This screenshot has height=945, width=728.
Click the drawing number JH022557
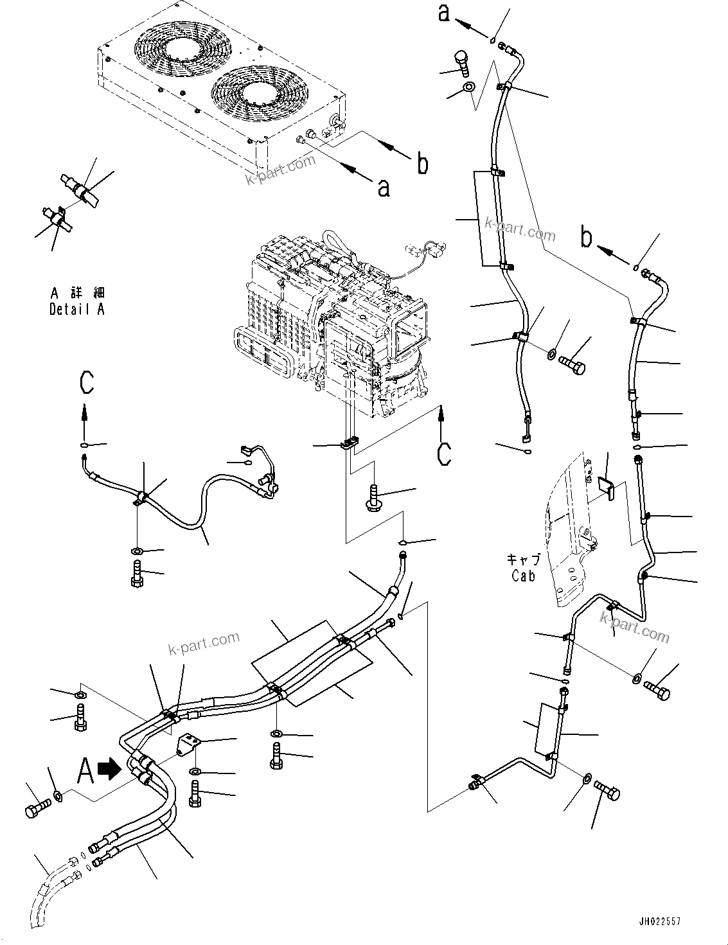(x=659, y=922)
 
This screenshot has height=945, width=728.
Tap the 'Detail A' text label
(x=77, y=309)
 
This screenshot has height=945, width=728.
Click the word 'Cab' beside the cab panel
(x=523, y=576)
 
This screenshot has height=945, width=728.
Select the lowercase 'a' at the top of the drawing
(x=444, y=12)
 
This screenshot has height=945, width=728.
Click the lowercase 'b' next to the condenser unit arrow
(x=422, y=164)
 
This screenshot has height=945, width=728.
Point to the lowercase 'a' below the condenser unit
(x=383, y=188)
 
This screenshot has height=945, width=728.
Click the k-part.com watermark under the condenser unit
(x=281, y=168)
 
